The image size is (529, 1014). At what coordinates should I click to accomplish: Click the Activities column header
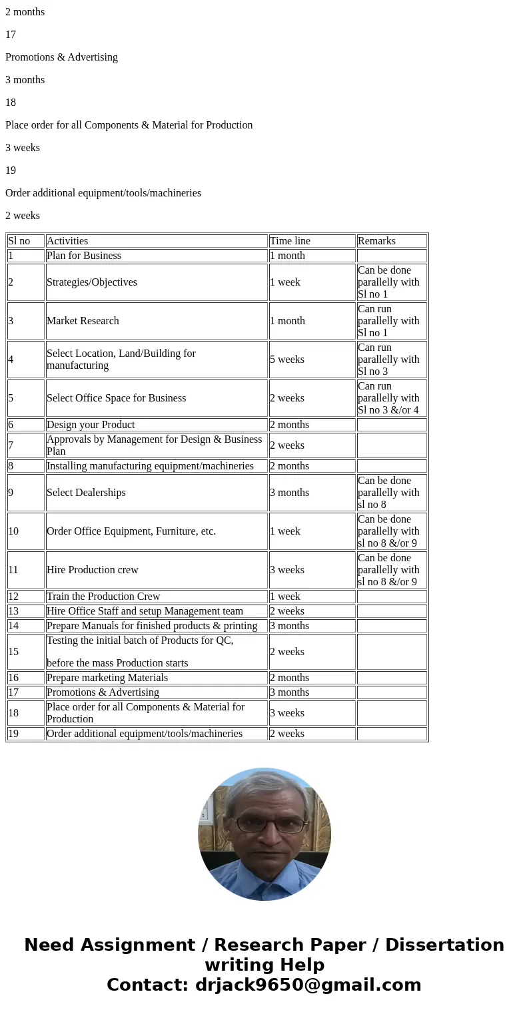click(x=67, y=241)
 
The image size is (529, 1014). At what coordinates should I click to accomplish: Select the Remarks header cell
click(x=376, y=241)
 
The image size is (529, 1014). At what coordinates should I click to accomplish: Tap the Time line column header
click(x=290, y=241)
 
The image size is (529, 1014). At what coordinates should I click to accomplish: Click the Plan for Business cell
click(x=84, y=256)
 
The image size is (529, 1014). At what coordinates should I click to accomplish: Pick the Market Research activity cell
click(x=83, y=321)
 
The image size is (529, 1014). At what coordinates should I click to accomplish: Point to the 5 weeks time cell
click(x=287, y=360)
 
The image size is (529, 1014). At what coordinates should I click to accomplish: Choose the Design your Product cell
click(x=91, y=425)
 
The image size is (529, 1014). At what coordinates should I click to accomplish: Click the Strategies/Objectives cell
click(x=92, y=282)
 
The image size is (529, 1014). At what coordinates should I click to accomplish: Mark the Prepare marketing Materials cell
click(x=107, y=678)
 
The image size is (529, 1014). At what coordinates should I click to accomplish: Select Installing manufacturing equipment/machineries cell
click(x=150, y=466)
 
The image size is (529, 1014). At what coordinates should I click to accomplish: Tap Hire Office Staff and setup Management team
click(x=145, y=611)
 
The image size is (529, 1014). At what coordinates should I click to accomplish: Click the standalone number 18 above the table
click(x=11, y=103)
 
